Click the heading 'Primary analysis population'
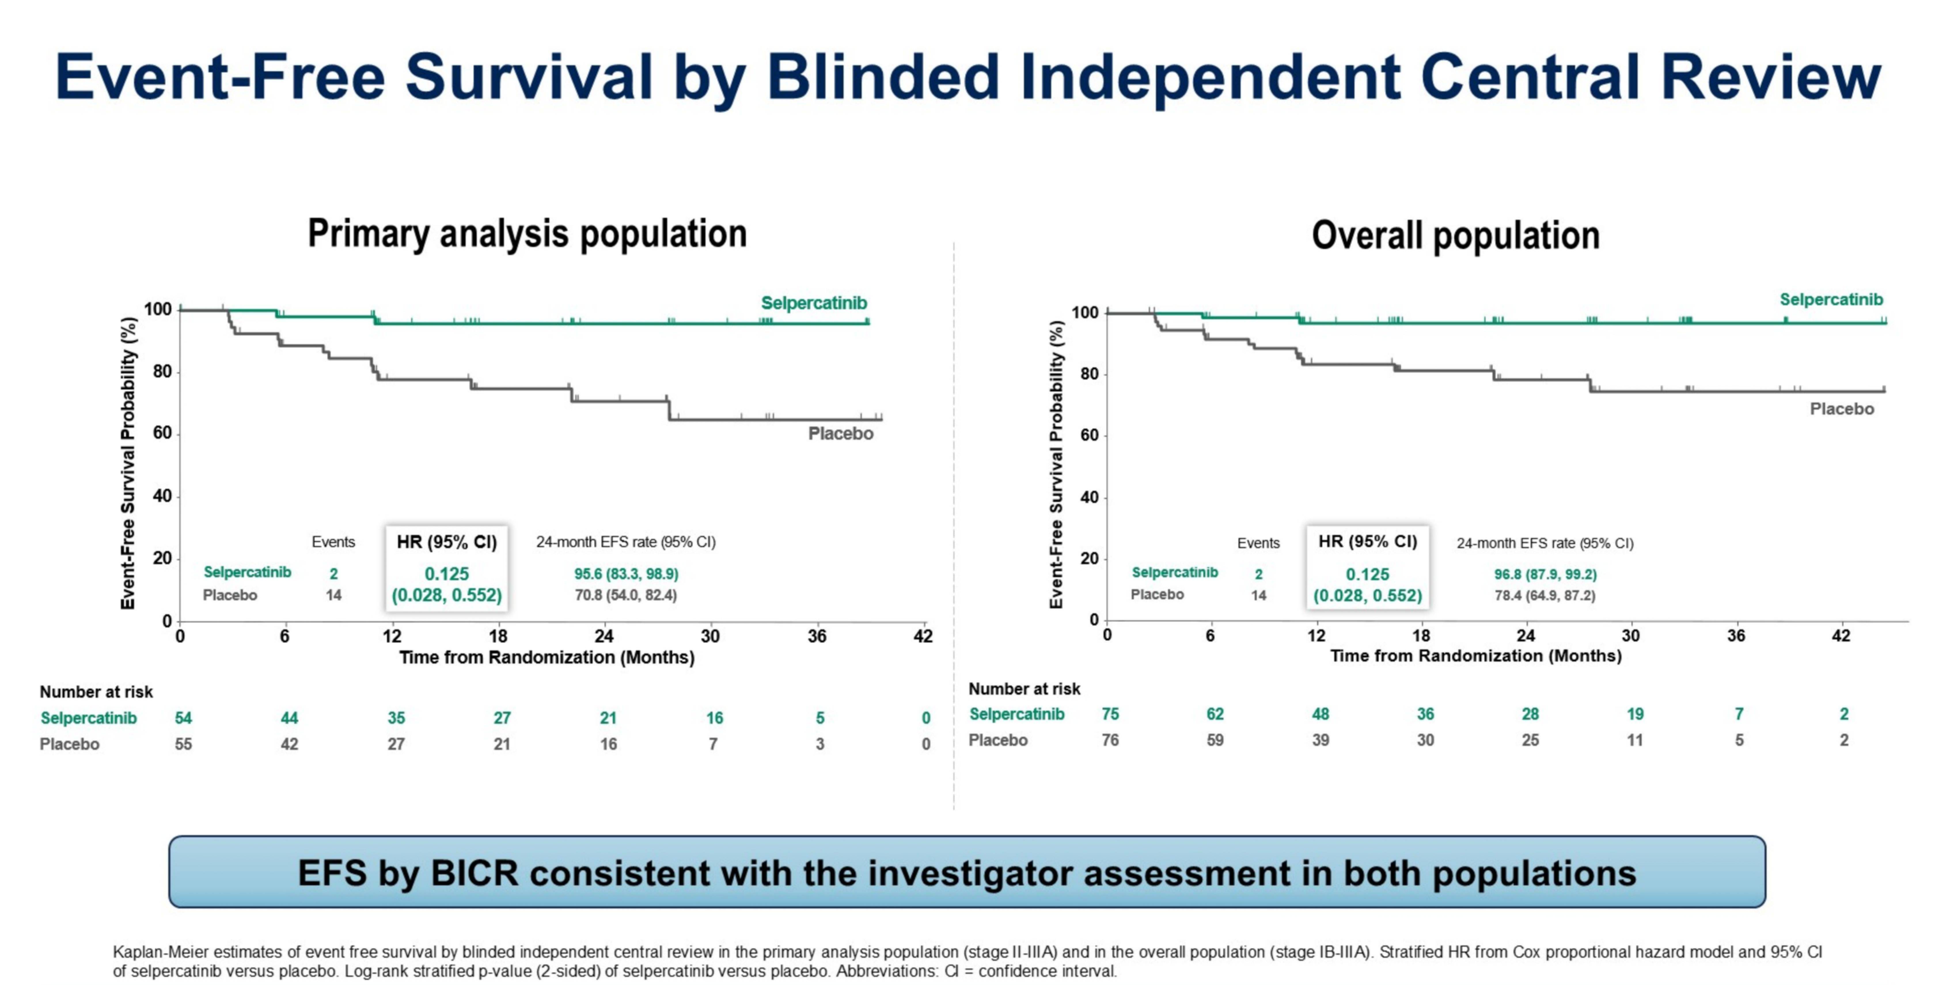pos(527,234)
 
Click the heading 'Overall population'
pos(1456,235)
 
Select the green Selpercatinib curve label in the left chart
pos(813,303)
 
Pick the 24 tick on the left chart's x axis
pos(604,636)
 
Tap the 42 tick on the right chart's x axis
pos(1840,636)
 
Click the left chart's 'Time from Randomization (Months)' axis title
pos(547,657)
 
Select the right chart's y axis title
pos(1056,464)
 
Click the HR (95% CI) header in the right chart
pos(1367,542)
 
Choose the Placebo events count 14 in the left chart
pos(333,595)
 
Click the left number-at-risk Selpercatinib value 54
pos(183,718)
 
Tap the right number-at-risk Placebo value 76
pos(1109,740)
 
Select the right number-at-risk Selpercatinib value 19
pos(1635,714)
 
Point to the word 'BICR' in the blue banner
pos(473,873)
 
